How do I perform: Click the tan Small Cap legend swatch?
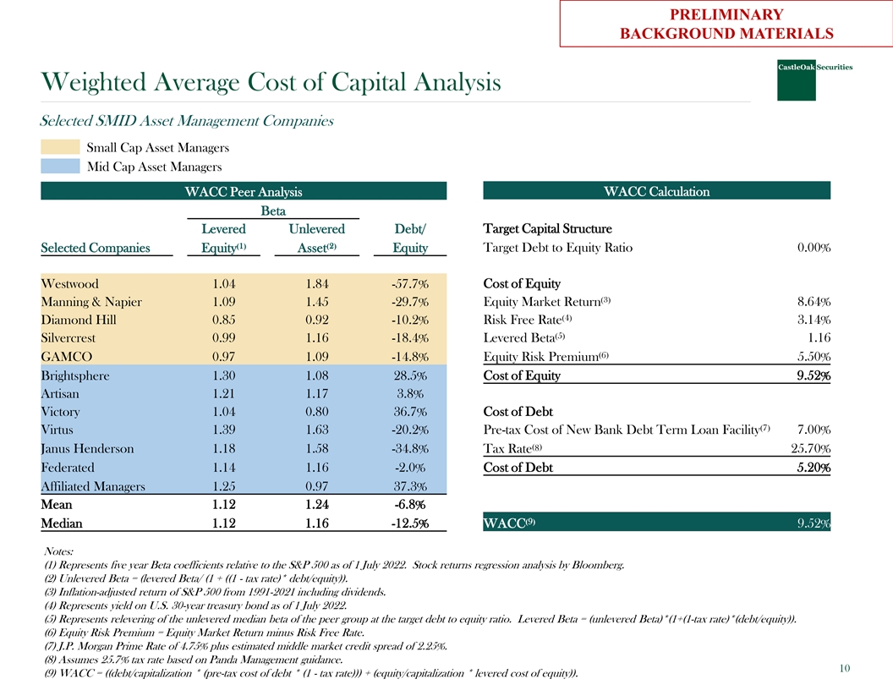60,147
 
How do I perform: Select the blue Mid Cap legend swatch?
60,166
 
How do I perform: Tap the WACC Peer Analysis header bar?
244,192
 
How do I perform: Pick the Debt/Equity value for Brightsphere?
410,375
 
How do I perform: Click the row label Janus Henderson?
86,449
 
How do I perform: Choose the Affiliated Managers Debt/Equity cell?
410,486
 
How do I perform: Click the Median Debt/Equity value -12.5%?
409,523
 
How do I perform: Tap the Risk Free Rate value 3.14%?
814,320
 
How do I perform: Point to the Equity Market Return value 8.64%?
814,302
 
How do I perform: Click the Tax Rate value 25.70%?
809,449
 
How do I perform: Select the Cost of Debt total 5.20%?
814,468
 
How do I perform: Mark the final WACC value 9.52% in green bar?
814,524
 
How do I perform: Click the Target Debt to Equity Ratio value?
814,249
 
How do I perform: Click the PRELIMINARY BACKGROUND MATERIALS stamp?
726,24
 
